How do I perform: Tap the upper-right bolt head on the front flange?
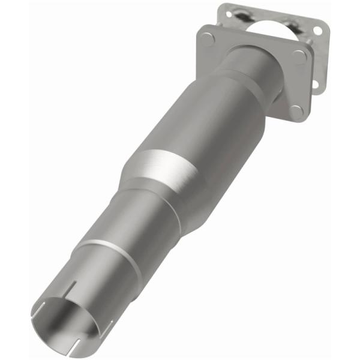click(299, 57)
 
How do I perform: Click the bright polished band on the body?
click(162, 168)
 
